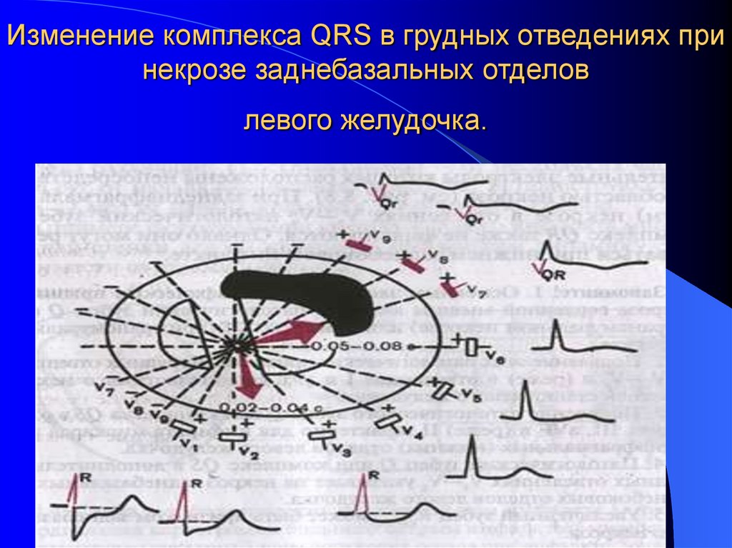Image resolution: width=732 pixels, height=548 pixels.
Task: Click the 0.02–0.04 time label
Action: tap(272, 407)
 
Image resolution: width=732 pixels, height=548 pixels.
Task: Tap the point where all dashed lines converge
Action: tap(232, 346)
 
